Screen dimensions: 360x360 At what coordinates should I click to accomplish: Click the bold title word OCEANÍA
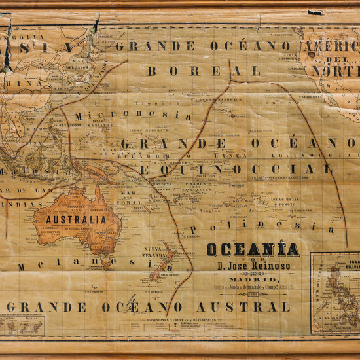tap(253, 249)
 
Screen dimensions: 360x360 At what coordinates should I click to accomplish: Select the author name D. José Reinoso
tap(253, 266)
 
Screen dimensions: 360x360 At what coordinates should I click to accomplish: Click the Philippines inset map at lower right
tap(334, 293)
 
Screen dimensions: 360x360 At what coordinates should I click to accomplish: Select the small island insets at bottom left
tap(23, 325)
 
